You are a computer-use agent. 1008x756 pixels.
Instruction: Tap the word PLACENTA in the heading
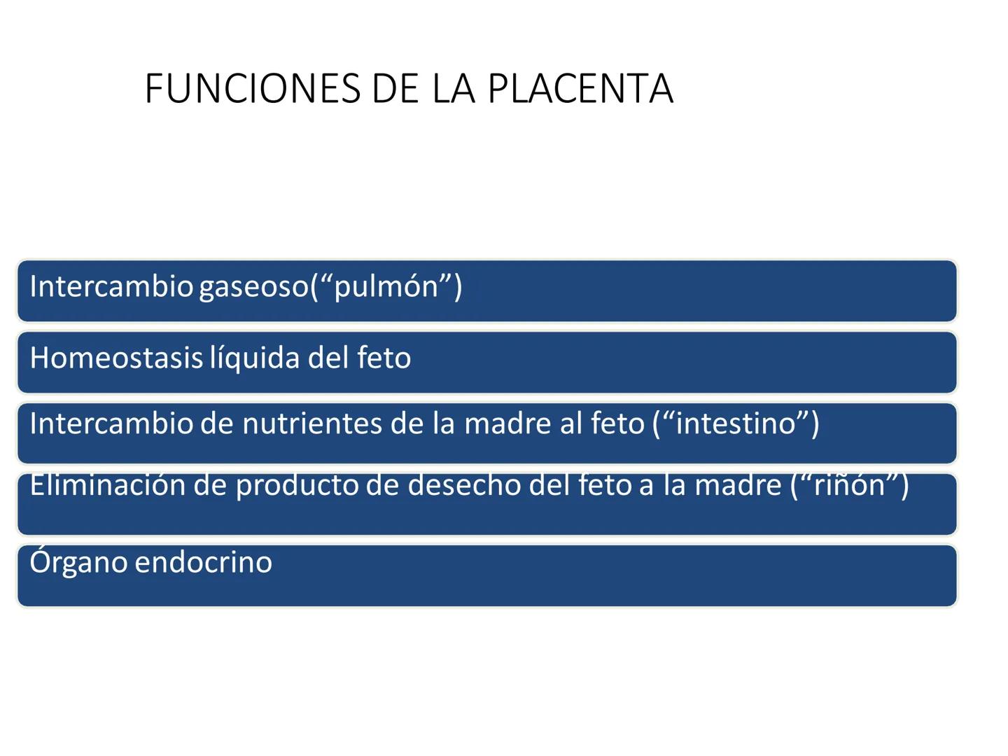pyautogui.click(x=580, y=89)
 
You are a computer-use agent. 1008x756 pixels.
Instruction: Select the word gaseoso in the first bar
pyautogui.click(x=253, y=287)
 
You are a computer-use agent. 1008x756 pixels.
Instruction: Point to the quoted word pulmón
pyautogui.click(x=386, y=287)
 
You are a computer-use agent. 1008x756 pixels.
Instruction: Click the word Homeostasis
pyautogui.click(x=116, y=358)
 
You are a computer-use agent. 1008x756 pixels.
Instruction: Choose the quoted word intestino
pyautogui.click(x=736, y=424)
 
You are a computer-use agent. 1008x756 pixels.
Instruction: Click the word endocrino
pyautogui.click(x=203, y=562)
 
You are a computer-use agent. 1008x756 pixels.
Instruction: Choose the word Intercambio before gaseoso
pyautogui.click(x=111, y=287)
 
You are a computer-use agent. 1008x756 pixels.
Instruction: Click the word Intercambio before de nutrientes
pyautogui.click(x=111, y=424)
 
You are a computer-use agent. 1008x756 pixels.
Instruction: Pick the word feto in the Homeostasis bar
pyautogui.click(x=384, y=358)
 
